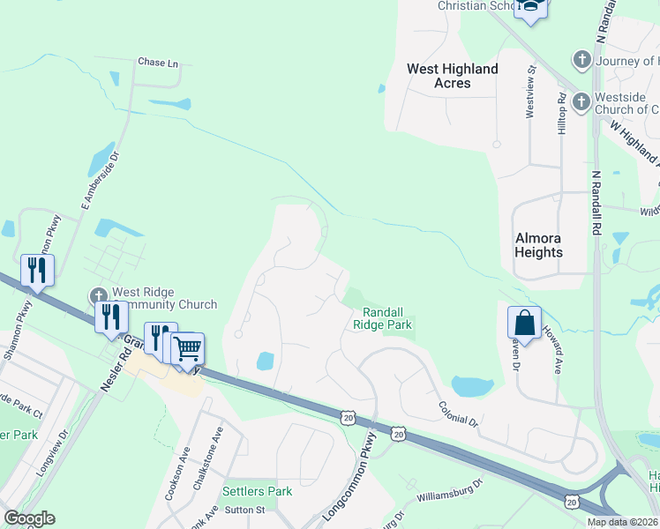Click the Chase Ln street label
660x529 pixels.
[158, 63]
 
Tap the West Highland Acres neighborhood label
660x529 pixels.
[452, 76]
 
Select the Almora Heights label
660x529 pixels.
[538, 245]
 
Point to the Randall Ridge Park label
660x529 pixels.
[383, 318]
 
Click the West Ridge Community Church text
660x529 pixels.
[163, 299]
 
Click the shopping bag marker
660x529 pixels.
[525, 323]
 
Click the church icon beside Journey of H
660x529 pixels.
[581, 60]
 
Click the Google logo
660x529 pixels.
[29, 518]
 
